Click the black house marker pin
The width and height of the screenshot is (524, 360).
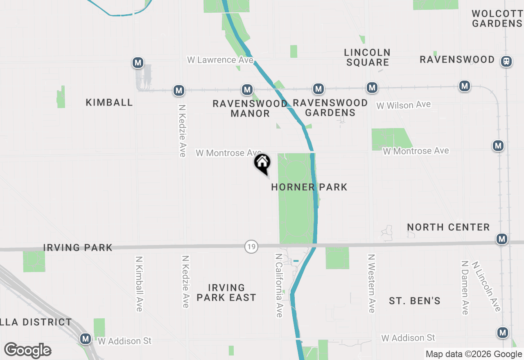[x=262, y=163]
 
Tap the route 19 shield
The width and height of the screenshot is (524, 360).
[x=251, y=247]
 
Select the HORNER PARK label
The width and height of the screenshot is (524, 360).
[x=309, y=187]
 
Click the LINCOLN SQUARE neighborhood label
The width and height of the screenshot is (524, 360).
[x=367, y=57]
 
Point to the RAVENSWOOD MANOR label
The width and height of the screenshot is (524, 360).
[x=250, y=108]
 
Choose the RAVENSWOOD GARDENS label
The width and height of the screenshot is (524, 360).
[x=330, y=108]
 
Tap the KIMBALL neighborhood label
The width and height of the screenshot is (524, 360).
[x=109, y=102]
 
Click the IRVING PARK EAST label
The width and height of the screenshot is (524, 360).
[x=226, y=292]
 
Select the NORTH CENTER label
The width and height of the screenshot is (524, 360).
[x=448, y=227]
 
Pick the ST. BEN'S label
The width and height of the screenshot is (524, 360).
[x=415, y=301]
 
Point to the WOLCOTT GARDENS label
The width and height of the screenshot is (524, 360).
[x=497, y=18]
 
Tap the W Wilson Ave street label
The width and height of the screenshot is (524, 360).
[x=403, y=105]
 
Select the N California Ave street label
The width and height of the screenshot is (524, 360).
[x=279, y=285]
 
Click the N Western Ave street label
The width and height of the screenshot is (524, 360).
[x=371, y=283]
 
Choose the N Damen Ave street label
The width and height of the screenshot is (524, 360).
[x=464, y=288]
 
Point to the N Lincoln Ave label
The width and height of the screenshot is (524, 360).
[x=486, y=286]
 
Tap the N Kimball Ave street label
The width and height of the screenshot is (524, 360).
[x=139, y=283]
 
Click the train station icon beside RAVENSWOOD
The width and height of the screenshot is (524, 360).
[x=506, y=61]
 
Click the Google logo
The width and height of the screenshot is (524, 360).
[x=28, y=350]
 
